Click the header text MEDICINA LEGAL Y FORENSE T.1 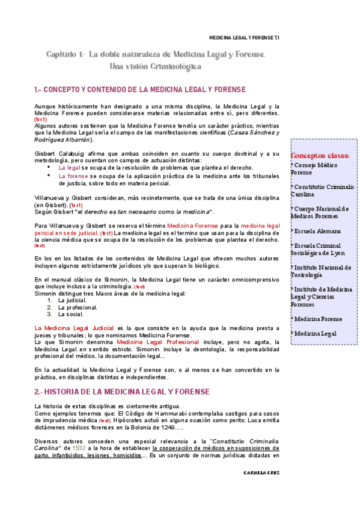coord(243,37)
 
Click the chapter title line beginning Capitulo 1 coord(156,55)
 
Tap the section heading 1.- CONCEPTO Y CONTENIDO coord(140,90)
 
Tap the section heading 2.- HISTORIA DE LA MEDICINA coord(122,392)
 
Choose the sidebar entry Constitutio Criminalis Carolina coord(322,191)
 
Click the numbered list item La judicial coord(73,300)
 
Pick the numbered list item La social coord(70,315)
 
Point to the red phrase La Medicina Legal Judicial coord(74,327)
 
